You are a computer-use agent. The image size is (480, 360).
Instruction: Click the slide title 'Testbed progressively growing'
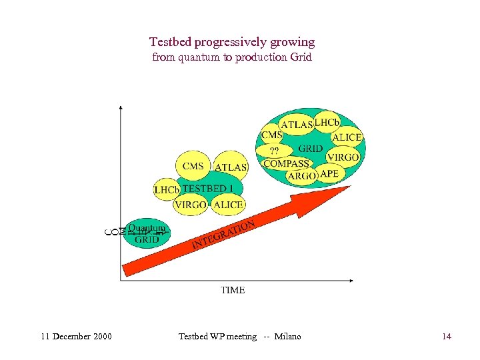click(x=232, y=42)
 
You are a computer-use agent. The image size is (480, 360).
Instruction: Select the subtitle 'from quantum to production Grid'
click(x=232, y=57)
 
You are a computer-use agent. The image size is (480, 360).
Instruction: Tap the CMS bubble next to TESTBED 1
click(x=193, y=166)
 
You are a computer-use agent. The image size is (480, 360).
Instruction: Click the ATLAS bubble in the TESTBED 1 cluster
click(x=231, y=167)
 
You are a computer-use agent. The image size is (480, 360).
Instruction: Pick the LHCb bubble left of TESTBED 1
click(x=166, y=190)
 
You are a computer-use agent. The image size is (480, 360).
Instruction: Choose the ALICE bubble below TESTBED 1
click(x=228, y=205)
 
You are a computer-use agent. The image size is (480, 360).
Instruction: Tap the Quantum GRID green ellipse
click(x=147, y=234)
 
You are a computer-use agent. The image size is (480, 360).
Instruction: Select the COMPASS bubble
click(x=286, y=163)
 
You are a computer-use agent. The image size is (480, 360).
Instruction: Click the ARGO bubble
click(x=302, y=176)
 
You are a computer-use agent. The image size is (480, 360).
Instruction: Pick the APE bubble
click(x=329, y=173)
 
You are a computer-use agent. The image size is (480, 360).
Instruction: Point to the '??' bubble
click(x=274, y=149)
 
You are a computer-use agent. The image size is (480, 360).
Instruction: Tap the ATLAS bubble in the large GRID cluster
click(x=297, y=125)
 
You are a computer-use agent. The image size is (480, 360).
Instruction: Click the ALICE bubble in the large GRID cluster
click(x=347, y=137)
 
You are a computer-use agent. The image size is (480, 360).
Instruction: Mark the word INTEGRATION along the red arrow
click(x=223, y=234)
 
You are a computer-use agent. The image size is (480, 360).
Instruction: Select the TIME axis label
click(x=233, y=290)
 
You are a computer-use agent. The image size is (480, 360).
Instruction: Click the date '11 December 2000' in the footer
click(x=76, y=337)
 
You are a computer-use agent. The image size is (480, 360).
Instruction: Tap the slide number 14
click(x=446, y=337)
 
